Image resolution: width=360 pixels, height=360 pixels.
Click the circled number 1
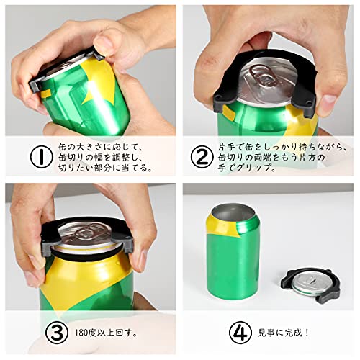[x=41, y=157]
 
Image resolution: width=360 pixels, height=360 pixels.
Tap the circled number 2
[x=202, y=157]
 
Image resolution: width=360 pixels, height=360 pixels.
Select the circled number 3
[x=57, y=333]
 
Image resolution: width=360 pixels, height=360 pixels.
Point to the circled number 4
[x=240, y=333]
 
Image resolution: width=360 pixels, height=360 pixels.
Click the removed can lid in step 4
[x=310, y=284]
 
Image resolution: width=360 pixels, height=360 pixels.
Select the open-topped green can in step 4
[x=233, y=252]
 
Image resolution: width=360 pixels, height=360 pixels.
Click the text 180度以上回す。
[x=107, y=333]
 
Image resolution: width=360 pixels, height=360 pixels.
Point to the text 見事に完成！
[x=284, y=333]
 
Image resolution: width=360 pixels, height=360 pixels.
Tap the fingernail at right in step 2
[x=328, y=102]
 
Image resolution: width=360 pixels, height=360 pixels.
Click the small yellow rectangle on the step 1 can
[x=45, y=94]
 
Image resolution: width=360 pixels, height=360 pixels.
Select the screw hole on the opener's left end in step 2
[x=218, y=98]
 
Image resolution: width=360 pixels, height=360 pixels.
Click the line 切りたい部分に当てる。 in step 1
[x=106, y=168]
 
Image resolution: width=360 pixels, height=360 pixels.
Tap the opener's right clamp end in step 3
[x=128, y=243]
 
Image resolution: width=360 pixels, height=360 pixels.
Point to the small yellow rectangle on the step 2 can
[x=228, y=112]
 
